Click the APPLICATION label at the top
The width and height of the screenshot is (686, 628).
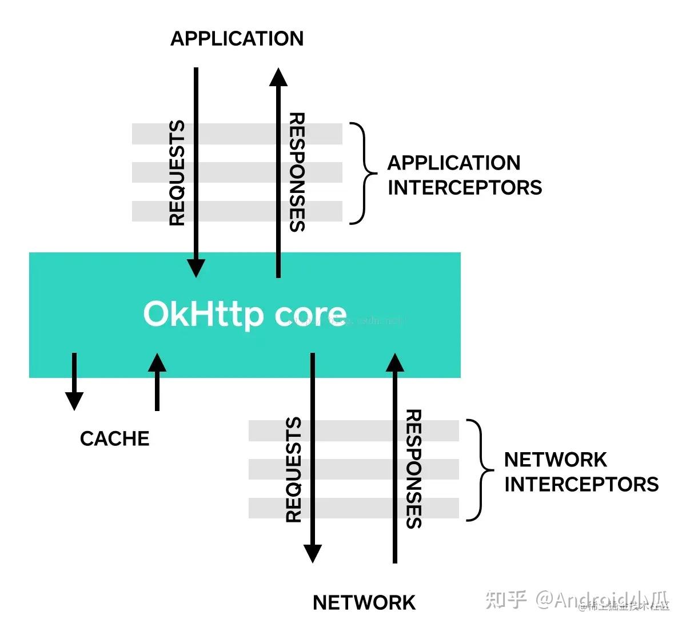point(237,39)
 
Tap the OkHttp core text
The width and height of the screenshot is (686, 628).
point(245,314)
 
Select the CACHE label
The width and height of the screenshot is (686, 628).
point(115,438)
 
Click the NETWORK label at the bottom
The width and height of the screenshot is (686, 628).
point(364,603)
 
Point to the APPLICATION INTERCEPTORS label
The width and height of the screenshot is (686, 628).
point(464,175)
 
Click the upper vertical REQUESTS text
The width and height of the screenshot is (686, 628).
point(178,173)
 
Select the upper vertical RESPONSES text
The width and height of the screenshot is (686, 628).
point(297,172)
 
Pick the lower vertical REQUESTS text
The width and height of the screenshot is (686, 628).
point(294,470)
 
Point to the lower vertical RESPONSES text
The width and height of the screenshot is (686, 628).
point(413,469)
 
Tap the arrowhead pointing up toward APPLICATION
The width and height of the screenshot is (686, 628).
point(278,78)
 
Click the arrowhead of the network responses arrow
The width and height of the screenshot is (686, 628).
point(395,363)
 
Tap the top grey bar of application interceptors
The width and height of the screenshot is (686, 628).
point(237,134)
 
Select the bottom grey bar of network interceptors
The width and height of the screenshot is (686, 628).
point(354,508)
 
